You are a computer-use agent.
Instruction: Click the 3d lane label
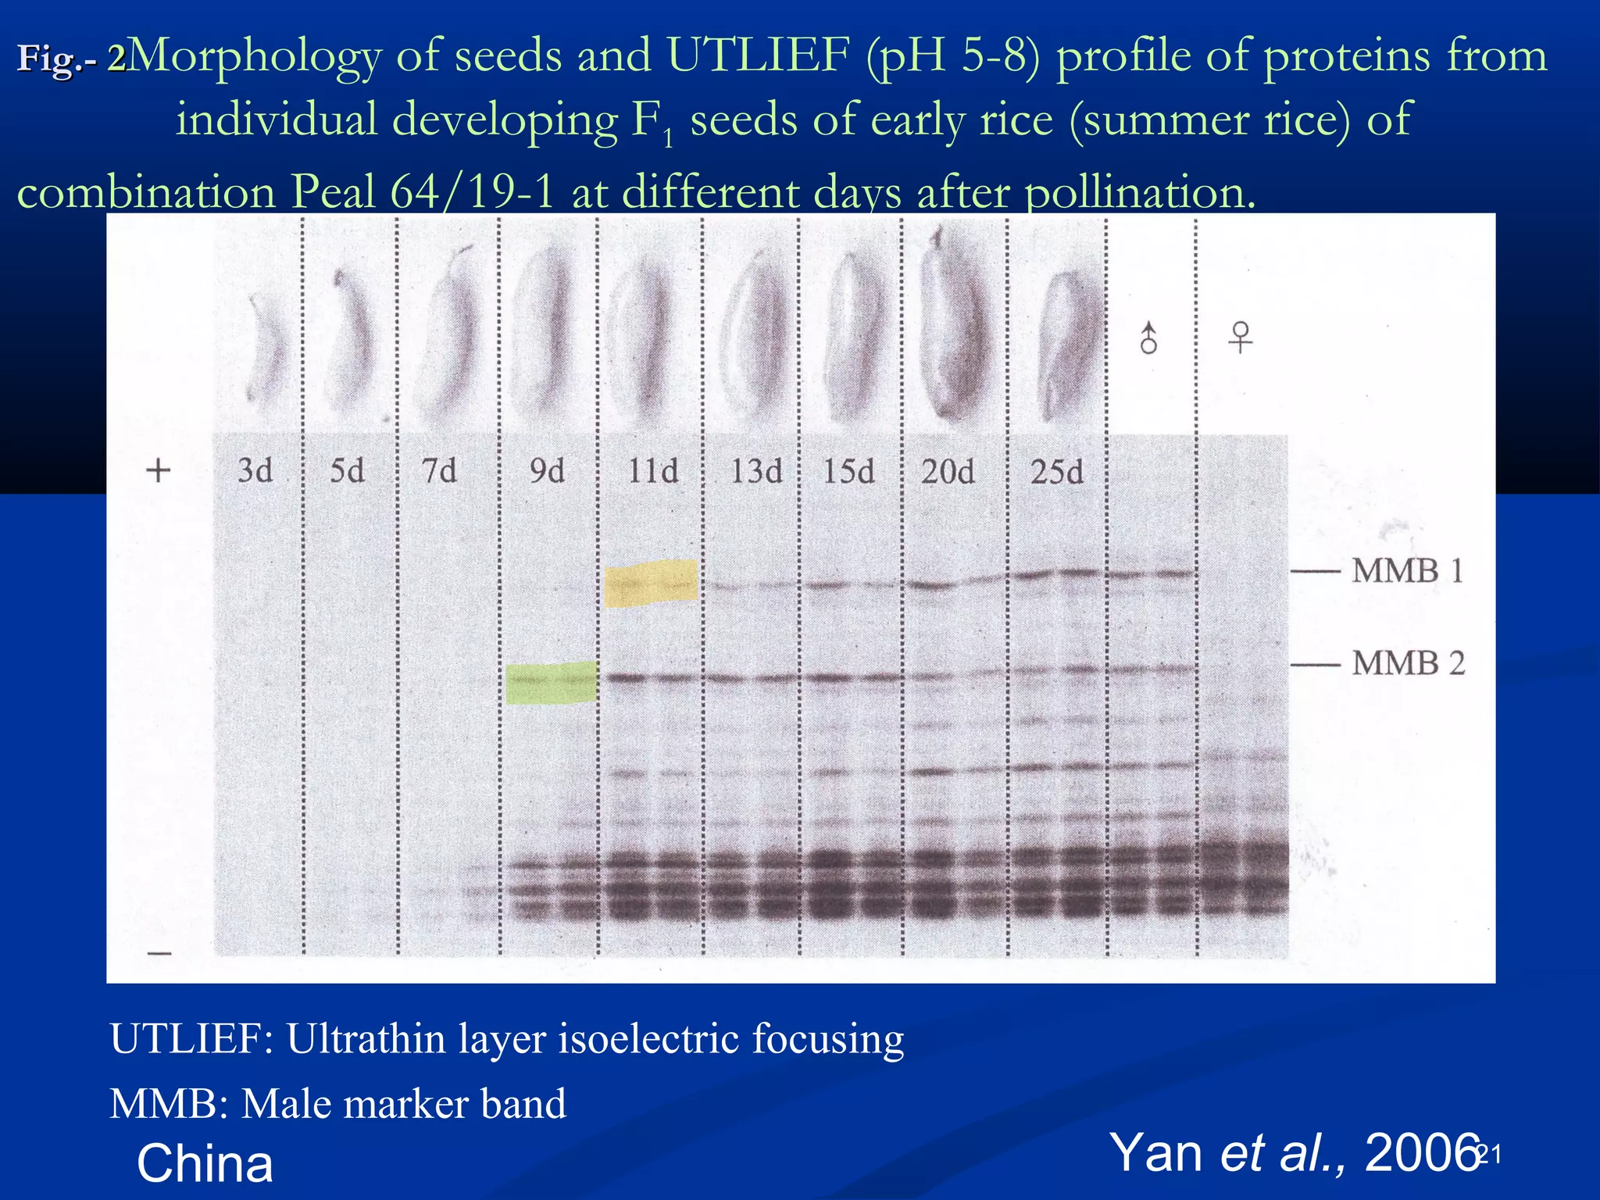255,470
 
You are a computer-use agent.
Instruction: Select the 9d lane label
547,470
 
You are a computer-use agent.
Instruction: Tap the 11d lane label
653,471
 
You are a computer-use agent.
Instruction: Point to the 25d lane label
1056,472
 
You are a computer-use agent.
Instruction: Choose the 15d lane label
848,472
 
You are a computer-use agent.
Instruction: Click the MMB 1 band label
1407,571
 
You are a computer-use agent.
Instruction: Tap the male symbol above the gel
1148,339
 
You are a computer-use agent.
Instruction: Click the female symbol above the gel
1240,337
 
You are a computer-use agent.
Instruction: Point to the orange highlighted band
651,583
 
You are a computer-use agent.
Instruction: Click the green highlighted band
552,682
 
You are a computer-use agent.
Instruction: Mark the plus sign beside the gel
159,470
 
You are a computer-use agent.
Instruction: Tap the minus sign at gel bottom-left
159,954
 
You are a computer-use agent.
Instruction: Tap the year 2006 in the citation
1422,1152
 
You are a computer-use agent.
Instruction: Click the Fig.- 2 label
71,58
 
